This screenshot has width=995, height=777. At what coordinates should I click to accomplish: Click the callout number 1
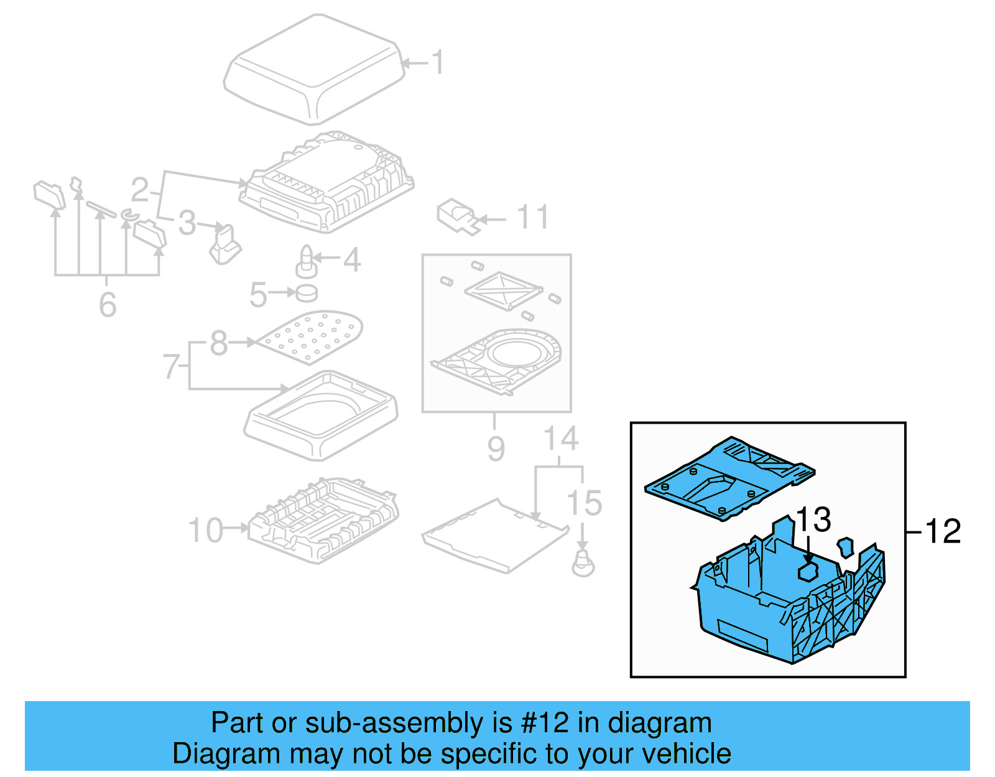(439, 63)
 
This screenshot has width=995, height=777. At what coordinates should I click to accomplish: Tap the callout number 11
(532, 217)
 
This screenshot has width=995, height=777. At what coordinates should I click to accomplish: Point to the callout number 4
(352, 259)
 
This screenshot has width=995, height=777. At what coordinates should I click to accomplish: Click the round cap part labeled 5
(307, 292)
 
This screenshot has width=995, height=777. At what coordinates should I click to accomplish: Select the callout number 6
(108, 304)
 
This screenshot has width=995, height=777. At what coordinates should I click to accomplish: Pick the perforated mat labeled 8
(311, 336)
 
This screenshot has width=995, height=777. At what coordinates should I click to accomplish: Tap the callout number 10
(205, 530)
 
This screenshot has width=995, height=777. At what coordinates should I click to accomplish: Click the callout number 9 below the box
(496, 448)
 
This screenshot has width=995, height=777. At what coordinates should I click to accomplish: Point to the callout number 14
(560, 439)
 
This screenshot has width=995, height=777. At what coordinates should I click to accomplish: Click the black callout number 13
(813, 519)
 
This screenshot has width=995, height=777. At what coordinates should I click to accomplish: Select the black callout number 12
(942, 531)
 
